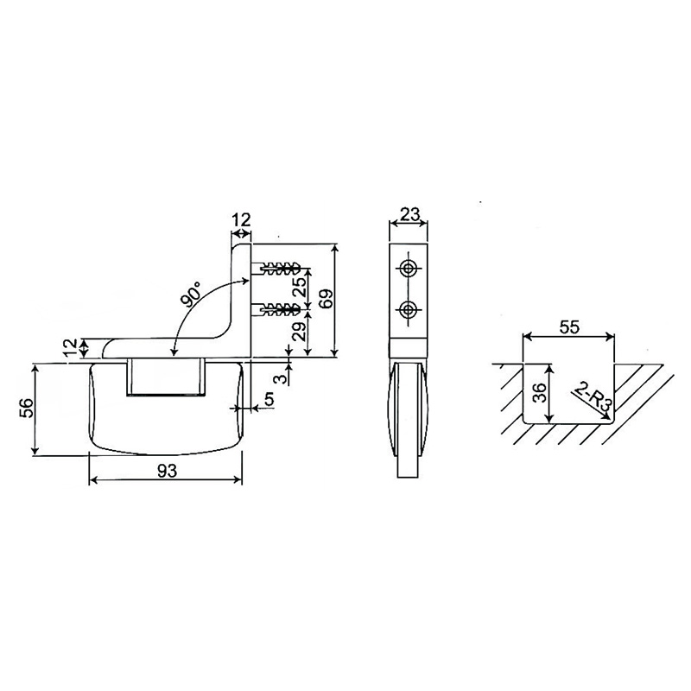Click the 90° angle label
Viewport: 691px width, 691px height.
click(192, 293)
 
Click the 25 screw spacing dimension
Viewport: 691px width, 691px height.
click(299, 288)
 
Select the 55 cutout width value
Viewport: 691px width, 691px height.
click(569, 327)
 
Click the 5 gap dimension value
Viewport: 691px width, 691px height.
click(269, 400)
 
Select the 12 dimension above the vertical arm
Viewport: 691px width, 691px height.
click(241, 220)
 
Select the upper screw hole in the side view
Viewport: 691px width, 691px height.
click(409, 268)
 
